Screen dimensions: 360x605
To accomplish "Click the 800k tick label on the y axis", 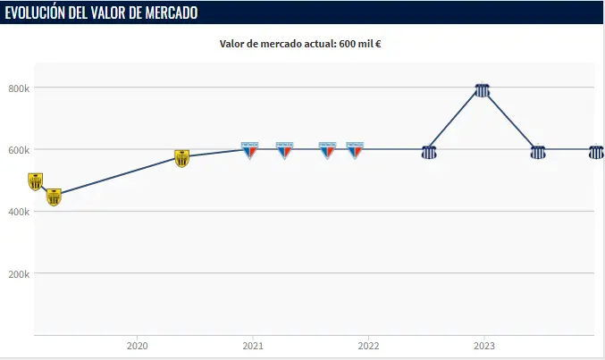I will [20, 88].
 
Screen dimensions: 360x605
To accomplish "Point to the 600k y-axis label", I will [20, 149].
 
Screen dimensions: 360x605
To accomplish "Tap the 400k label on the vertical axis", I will [20, 211].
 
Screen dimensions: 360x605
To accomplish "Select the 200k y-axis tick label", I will [20, 272].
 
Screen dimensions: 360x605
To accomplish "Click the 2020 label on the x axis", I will [137, 346].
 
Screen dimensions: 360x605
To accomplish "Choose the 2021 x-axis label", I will [253, 346].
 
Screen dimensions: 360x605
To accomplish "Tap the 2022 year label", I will [368, 346].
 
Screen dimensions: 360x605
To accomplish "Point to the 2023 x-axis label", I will [484, 346].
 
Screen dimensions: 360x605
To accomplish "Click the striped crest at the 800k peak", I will [483, 90].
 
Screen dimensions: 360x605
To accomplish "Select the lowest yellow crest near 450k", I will [54, 197].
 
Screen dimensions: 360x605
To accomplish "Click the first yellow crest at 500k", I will [36, 181].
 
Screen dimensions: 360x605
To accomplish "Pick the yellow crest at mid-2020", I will [182, 158].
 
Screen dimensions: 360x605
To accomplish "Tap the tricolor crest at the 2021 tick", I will [250, 150].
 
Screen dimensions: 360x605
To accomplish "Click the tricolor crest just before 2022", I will [355, 150].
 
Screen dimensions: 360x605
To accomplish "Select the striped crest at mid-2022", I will [429, 152].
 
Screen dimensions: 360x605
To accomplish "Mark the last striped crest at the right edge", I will [596, 152].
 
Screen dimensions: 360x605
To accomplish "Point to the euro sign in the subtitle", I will [379, 44].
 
